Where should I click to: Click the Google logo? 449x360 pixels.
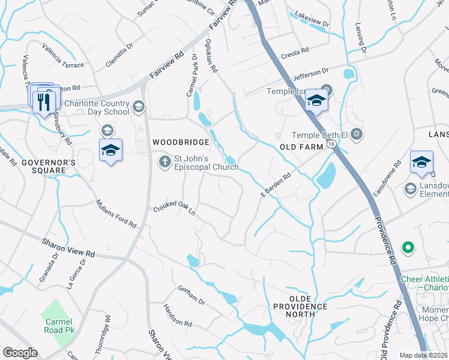point(20,353)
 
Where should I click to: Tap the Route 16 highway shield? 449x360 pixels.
point(331,146)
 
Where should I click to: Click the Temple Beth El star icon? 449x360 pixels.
point(357,133)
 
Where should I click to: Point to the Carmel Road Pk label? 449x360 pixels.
point(59,326)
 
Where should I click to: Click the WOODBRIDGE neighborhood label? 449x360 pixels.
point(181,142)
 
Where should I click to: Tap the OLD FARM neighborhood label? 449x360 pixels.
point(301,147)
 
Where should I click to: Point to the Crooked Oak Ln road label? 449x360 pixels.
point(175,208)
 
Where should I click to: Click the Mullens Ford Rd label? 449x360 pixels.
point(116,214)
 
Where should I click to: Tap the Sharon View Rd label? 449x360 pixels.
point(68,248)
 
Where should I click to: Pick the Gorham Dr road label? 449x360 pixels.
point(192,295)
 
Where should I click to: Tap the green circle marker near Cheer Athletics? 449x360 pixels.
point(408,247)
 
